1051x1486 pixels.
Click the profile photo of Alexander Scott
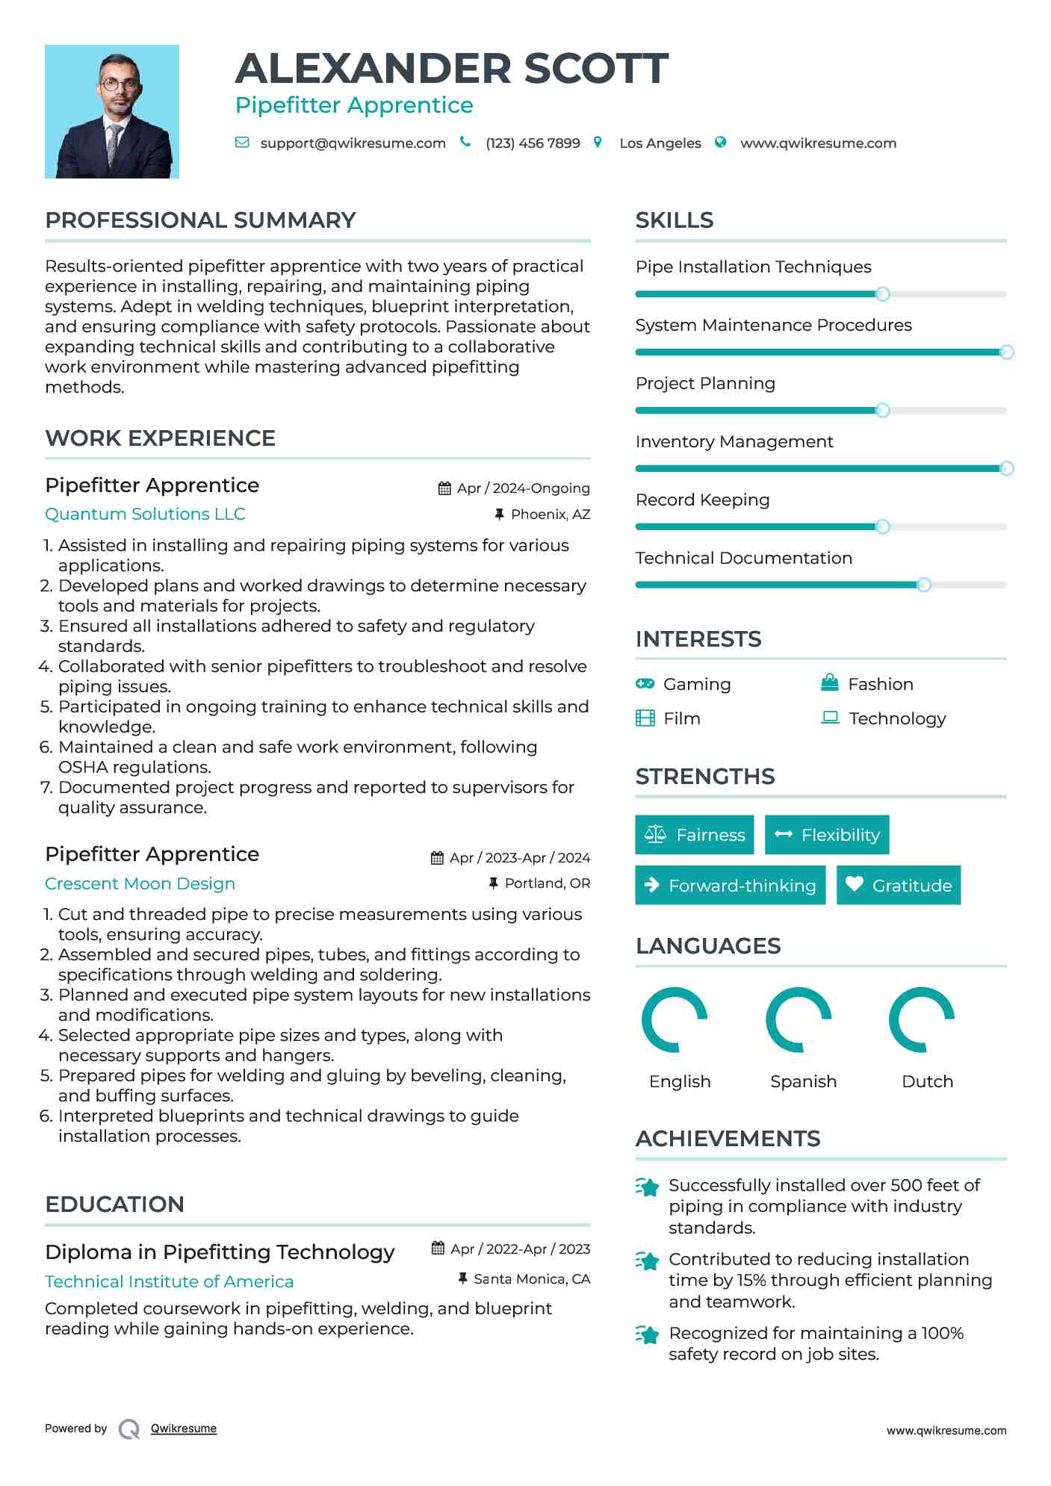112,111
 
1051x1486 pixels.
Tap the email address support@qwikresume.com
353,143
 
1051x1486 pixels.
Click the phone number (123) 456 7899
533,143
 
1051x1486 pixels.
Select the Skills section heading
675,220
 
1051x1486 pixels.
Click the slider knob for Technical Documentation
924,585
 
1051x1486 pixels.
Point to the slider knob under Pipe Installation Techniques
882,294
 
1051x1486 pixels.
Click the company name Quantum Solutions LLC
145,514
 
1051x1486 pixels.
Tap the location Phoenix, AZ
551,514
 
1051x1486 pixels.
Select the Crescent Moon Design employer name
140,883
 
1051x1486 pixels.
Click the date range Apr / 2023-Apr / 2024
520,858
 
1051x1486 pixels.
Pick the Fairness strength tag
695,835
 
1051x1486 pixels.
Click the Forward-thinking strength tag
731,886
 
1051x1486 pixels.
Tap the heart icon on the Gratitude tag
855,884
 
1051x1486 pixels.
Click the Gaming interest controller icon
645,684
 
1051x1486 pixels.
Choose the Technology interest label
897,718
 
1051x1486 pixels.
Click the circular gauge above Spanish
799,1020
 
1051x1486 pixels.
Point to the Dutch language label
927,1082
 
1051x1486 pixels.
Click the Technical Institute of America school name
169,1282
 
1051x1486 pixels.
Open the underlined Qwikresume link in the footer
184,1429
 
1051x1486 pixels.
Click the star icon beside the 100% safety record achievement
648,1334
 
